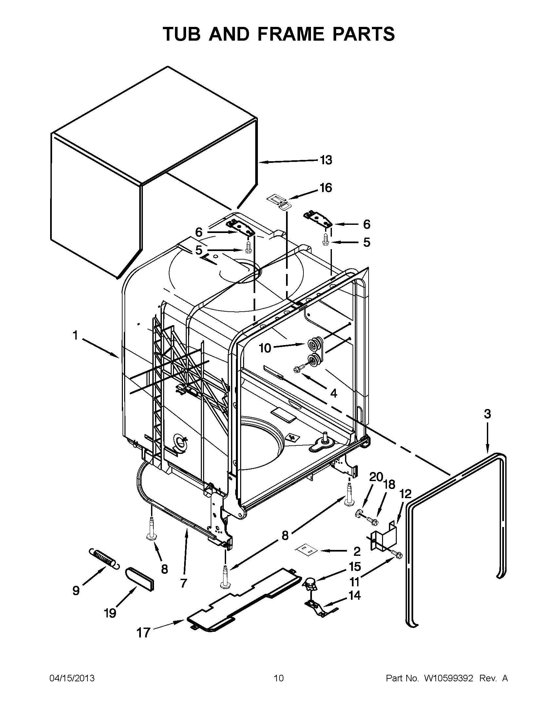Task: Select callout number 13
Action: point(325,160)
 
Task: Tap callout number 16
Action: point(325,188)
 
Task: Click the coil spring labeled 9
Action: point(103,559)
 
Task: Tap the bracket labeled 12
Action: point(382,537)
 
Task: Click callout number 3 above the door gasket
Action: point(488,414)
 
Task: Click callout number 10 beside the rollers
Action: point(265,348)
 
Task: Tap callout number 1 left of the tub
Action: point(75,335)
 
